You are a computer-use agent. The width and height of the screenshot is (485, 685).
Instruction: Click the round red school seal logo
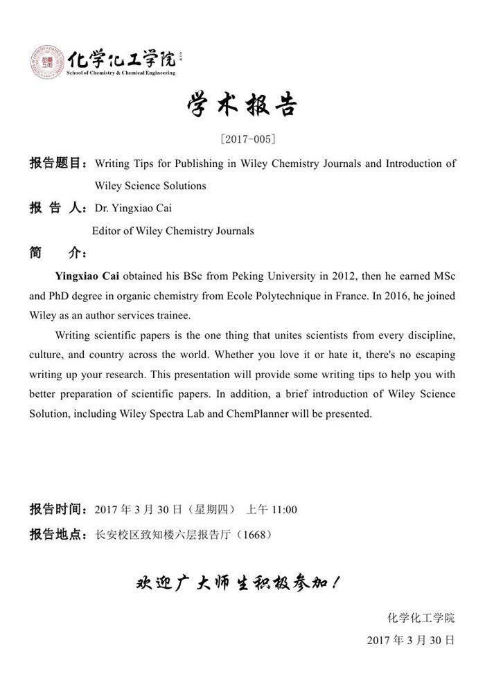tap(46, 61)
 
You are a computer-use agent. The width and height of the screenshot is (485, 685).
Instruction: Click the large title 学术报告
tap(242, 105)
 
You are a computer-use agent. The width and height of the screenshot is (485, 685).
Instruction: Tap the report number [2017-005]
tap(242, 139)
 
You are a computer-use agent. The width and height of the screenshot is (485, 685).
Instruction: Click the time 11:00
tap(284, 510)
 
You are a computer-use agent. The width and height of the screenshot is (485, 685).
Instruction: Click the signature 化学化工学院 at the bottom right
tap(421, 618)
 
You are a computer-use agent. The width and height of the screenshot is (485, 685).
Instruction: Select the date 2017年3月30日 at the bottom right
tap(411, 641)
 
